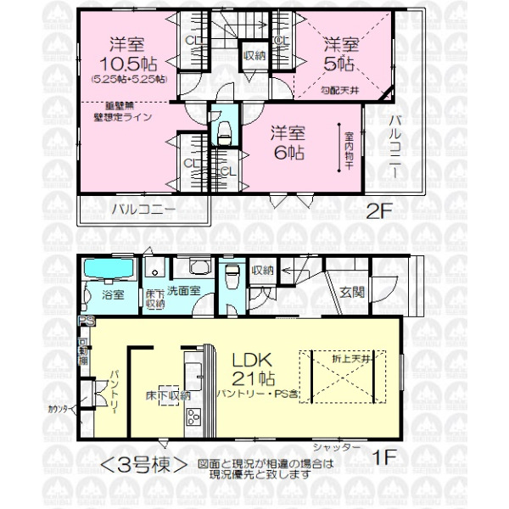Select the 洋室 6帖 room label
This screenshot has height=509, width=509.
point(288,143)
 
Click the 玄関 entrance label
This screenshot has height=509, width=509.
point(352,293)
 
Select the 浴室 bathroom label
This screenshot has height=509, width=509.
point(113,295)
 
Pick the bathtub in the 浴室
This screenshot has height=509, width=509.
point(110,270)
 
